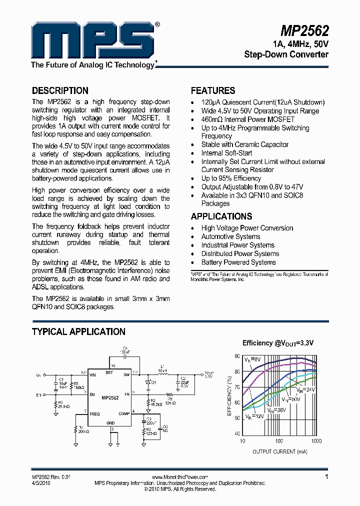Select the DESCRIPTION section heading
point(60,90)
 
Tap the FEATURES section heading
point(213,90)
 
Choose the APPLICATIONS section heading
point(221,216)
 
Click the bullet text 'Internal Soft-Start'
point(226,153)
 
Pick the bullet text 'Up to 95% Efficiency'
point(231,178)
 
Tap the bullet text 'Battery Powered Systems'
point(238,262)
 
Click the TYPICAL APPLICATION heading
point(78,331)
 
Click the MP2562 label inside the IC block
point(110,398)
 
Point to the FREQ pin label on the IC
point(95,414)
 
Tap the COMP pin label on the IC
point(124,414)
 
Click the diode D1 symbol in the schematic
point(148,382)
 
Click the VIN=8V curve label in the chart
point(252,359)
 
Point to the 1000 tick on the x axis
point(316,441)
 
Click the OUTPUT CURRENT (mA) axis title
point(279,451)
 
